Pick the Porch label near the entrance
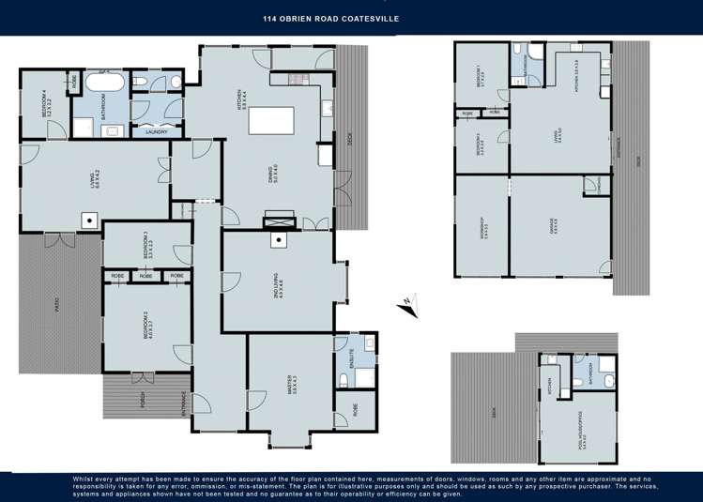[x=142, y=399]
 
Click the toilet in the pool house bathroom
[x=608, y=380]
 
